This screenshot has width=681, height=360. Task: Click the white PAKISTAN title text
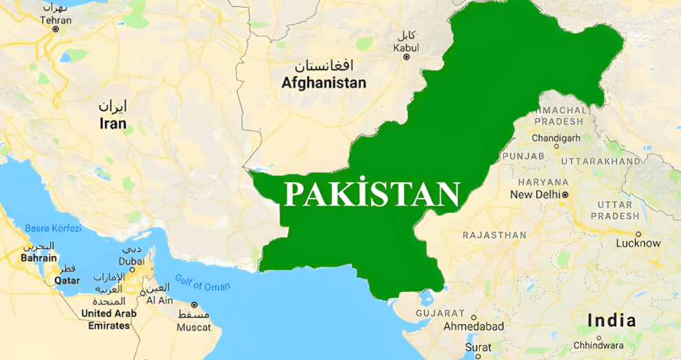372,194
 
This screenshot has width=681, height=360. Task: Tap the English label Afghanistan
324,83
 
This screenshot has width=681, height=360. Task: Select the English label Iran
113,124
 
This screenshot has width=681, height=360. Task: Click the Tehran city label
56,21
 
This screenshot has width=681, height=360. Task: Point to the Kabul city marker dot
406,57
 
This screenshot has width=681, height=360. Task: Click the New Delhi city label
535,195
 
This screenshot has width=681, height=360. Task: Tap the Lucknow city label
638,243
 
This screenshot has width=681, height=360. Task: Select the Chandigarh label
556,137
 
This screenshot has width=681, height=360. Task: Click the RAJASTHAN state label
494,235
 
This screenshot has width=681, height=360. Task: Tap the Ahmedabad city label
473,326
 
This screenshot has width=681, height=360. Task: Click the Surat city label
478,348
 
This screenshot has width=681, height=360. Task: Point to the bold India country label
611,320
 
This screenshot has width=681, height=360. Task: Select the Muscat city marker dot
194,304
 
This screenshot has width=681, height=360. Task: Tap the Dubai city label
131,261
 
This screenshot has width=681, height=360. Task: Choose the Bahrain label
38,258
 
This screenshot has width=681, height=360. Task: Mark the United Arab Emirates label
109,319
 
